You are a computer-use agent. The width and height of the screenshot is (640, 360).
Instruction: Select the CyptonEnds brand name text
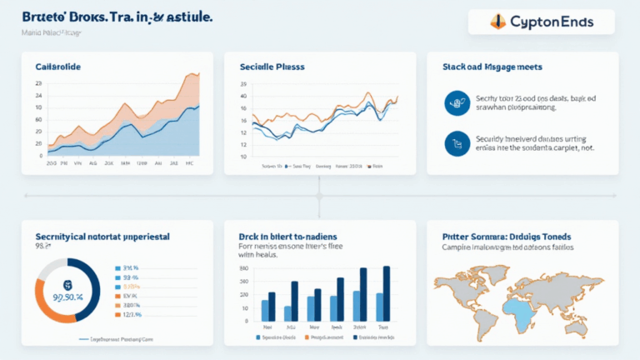550,22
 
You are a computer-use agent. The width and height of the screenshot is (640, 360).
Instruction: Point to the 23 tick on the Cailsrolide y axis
38,84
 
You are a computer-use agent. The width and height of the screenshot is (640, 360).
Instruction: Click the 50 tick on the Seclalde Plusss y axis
243,83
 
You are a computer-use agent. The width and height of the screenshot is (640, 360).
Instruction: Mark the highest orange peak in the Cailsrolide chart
197,74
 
